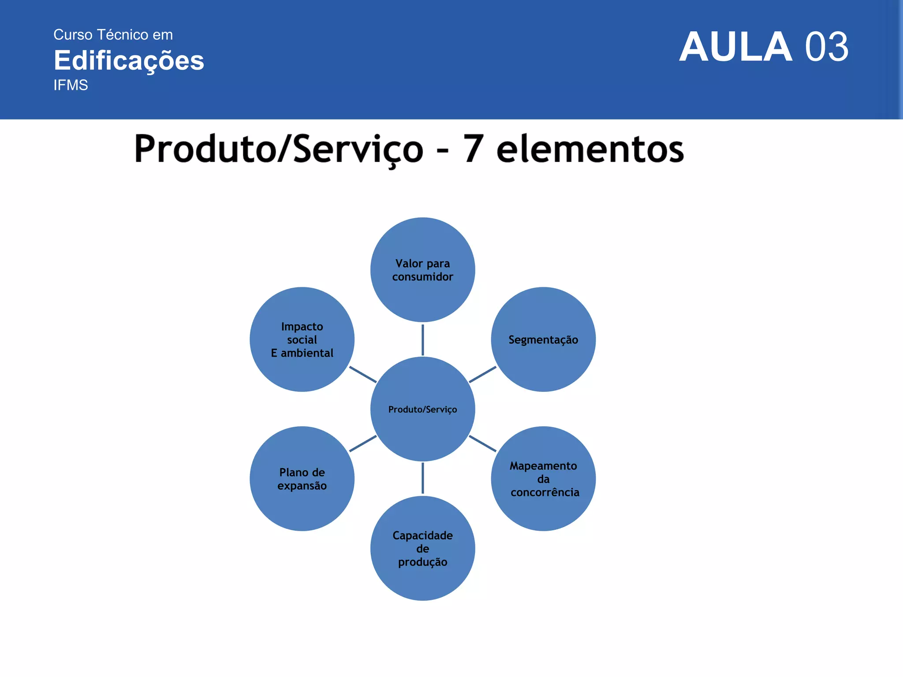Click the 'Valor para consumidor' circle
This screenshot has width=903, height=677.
coord(422,270)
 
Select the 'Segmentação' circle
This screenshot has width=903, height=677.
coord(543,339)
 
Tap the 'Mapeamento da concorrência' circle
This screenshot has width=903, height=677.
coord(543,479)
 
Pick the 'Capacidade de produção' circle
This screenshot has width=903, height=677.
coord(422,548)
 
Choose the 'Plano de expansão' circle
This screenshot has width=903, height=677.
coord(302,479)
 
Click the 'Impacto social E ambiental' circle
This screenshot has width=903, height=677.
coord(302,339)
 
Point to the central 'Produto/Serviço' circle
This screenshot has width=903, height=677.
coord(422,409)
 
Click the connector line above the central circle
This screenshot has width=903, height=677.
coord(422,340)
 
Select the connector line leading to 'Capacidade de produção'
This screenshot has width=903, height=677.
coord(422,478)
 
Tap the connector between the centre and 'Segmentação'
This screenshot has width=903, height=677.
coord(482,375)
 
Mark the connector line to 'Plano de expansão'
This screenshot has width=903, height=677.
coord(363,443)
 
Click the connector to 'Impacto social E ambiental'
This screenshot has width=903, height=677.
coord(363,375)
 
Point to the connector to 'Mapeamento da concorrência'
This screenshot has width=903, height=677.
coord(482,443)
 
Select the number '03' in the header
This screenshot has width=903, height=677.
coord(826,47)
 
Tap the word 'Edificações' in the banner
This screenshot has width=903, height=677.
coord(129,60)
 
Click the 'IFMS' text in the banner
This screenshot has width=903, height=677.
coord(71,85)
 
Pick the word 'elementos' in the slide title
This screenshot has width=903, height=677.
coord(590,149)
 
